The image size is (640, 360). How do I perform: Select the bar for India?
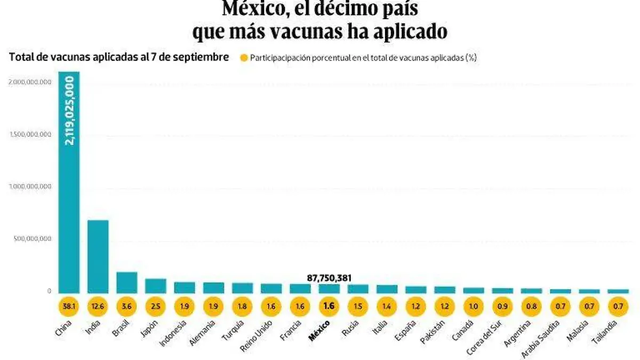(x=98, y=256)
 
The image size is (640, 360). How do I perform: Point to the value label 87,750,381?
(x=329, y=278)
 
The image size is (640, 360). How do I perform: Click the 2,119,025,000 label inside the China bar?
(x=70, y=110)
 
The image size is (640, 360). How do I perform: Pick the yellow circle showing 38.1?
(x=69, y=307)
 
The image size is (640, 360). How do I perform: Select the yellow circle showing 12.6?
(x=98, y=307)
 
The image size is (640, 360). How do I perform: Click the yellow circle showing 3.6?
(x=126, y=307)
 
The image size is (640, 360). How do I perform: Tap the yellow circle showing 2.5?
(x=155, y=307)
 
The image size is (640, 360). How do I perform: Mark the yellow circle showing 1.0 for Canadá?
(x=474, y=307)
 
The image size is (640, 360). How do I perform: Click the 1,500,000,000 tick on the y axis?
(x=30, y=134)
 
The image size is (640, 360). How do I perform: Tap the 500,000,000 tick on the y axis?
(x=32, y=239)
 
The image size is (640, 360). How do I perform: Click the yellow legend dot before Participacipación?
(x=244, y=59)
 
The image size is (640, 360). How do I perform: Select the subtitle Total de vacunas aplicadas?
(x=119, y=58)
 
